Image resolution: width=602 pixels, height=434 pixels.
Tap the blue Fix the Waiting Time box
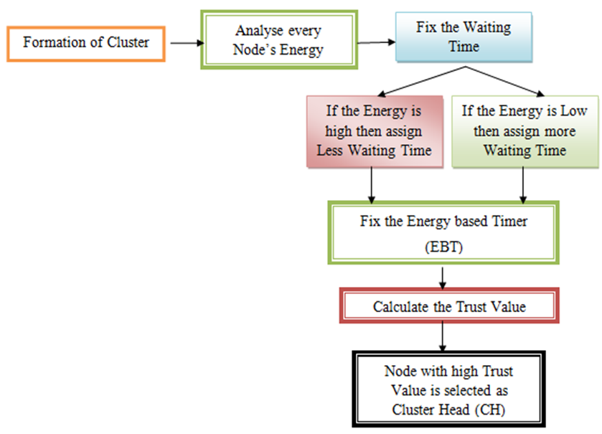[x=464, y=37]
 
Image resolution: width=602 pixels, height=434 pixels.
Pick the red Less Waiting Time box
[x=375, y=131]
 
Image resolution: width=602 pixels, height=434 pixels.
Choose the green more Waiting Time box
[x=525, y=131]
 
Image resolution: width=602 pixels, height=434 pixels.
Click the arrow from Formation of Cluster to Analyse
[x=187, y=43]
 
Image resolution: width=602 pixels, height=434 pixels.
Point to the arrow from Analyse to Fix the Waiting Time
[x=376, y=42]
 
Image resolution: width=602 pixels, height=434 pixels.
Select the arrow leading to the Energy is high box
[x=421, y=81]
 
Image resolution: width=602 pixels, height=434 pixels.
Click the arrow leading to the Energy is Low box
[x=505, y=81]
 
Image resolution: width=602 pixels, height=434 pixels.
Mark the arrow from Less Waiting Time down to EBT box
[x=371, y=186]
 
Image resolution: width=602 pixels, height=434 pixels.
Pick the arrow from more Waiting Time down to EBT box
[x=523, y=185]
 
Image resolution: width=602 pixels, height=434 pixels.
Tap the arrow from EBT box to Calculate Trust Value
[x=443, y=278]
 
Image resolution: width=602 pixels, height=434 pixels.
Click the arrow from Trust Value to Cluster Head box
[x=443, y=336]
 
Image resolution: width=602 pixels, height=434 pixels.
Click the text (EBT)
[x=444, y=246]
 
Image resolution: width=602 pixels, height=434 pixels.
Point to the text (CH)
[x=490, y=410]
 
